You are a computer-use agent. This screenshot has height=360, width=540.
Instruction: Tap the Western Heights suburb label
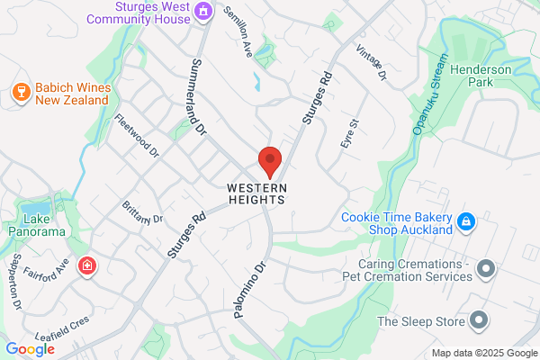click(x=256, y=193)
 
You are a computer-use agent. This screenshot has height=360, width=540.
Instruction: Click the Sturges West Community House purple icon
click(x=203, y=11)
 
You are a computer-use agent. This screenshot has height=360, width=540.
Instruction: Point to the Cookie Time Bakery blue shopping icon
click(x=465, y=220)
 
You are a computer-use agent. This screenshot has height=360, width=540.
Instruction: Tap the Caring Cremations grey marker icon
click(x=487, y=268)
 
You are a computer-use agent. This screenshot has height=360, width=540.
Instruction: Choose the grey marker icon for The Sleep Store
click(x=479, y=320)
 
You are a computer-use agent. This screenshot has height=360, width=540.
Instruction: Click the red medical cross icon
click(x=86, y=266)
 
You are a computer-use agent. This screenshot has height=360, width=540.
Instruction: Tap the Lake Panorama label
click(x=45, y=225)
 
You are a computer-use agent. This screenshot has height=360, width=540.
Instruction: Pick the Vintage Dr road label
click(x=371, y=63)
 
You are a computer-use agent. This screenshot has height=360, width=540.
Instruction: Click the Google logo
click(x=30, y=349)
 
